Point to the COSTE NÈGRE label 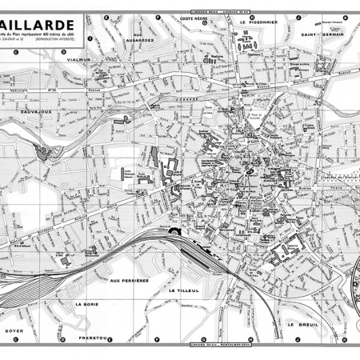tap(195, 17)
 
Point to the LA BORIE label tap(85, 304)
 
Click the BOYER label tap(14, 330)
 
